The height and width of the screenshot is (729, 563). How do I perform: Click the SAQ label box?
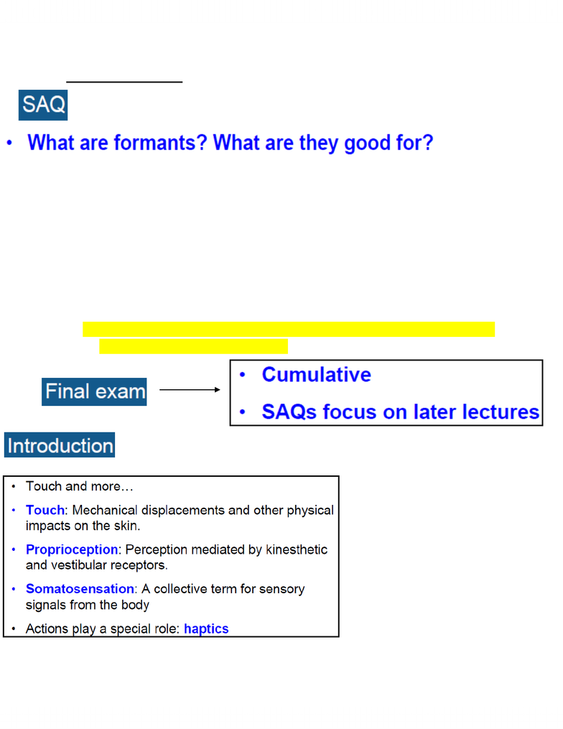[43, 105]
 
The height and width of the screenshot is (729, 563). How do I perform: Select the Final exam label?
[94, 391]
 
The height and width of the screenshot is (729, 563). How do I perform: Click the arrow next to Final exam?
[190, 389]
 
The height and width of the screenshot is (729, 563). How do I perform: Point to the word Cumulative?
[316, 375]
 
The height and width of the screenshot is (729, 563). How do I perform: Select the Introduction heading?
[60, 445]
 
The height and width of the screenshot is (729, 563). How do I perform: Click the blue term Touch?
[45, 510]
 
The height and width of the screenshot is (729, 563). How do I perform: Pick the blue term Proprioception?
[72, 549]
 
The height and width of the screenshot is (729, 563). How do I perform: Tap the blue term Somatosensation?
[80, 589]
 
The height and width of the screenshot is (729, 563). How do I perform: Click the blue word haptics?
[206, 629]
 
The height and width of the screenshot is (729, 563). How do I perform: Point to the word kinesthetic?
[297, 549]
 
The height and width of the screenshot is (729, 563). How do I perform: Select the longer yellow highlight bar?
[289, 329]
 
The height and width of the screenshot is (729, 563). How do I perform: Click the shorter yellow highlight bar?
[193, 346]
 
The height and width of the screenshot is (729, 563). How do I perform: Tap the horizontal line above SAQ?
[124, 82]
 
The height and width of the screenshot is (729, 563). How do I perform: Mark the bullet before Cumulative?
[242, 375]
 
